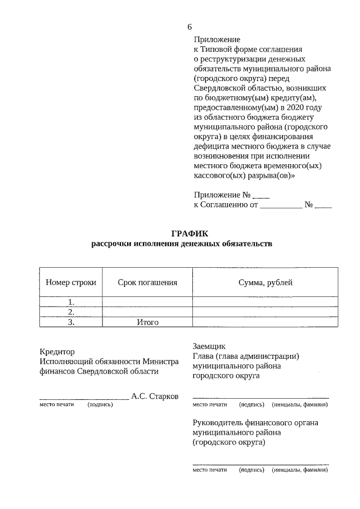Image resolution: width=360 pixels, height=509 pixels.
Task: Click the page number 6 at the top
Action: [190, 27]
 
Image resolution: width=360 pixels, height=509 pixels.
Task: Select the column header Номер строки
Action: [71, 282]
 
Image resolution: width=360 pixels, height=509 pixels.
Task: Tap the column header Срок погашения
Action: [147, 282]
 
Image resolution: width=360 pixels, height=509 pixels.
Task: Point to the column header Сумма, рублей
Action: [265, 282]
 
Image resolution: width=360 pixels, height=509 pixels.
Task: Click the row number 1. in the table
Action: [71, 302]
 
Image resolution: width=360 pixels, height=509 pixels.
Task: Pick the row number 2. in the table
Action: [71, 312]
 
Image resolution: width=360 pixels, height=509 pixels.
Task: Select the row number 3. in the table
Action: [71, 322]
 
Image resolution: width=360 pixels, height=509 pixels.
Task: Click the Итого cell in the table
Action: [147, 322]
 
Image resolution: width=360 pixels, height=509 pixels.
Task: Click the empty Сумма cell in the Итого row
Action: [265, 322]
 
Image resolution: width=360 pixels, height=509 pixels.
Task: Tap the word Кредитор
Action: [57, 352]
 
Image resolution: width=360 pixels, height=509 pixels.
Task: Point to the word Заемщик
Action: [209, 346]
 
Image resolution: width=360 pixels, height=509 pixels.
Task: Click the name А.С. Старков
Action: [155, 396]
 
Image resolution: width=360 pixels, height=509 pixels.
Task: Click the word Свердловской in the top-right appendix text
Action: [218, 88]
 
